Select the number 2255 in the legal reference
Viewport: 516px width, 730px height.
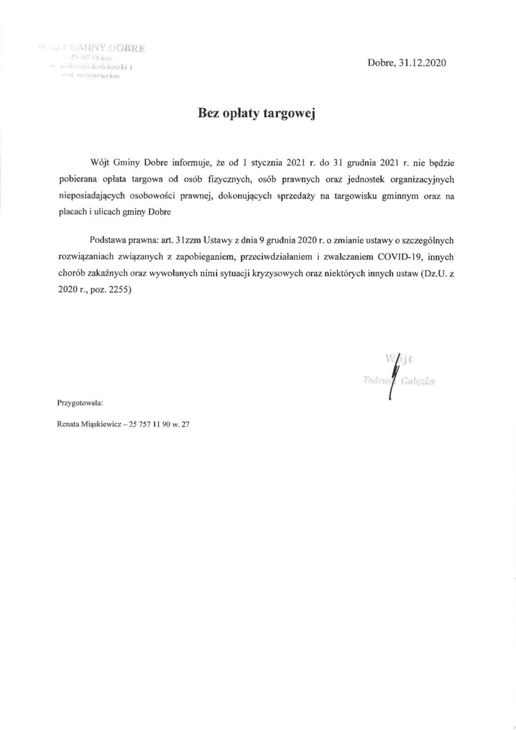click(119, 291)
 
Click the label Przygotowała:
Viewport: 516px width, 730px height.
click(80, 403)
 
